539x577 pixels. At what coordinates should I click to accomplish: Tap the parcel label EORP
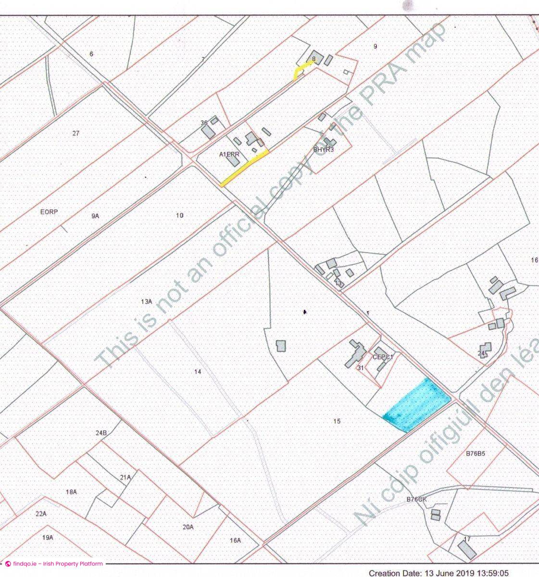coord(49,212)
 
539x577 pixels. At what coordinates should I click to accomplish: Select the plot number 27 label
coord(75,133)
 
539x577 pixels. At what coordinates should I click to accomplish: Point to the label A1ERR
coord(229,154)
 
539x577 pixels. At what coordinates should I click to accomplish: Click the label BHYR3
coord(324,150)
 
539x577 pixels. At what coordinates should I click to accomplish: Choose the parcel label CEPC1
coord(383,357)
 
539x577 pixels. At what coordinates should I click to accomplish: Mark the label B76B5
coord(475,453)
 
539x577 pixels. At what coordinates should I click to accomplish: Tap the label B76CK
coord(416,499)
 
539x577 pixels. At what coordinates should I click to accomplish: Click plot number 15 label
coord(337,421)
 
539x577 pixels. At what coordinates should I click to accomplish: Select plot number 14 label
coord(198,372)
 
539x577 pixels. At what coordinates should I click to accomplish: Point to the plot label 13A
coord(146,301)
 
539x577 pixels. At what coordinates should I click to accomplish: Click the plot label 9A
coord(95,216)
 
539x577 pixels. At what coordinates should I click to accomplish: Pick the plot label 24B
coord(101,433)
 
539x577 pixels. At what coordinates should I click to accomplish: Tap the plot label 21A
coord(125,477)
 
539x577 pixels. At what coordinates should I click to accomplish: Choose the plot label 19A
coord(47,538)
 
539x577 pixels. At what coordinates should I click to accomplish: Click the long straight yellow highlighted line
coord(244,167)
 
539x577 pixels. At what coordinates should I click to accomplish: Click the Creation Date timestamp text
coord(438,573)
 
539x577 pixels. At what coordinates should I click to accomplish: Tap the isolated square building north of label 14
coord(281,346)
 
